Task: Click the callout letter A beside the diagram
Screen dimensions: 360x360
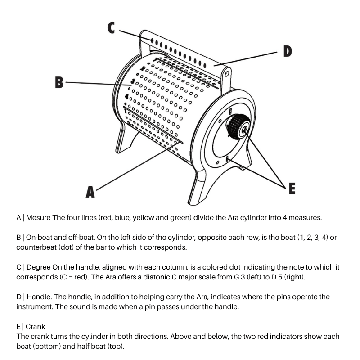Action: point(90,192)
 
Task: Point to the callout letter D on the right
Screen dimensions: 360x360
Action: point(287,51)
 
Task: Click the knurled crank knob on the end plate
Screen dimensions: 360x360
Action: point(237,127)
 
